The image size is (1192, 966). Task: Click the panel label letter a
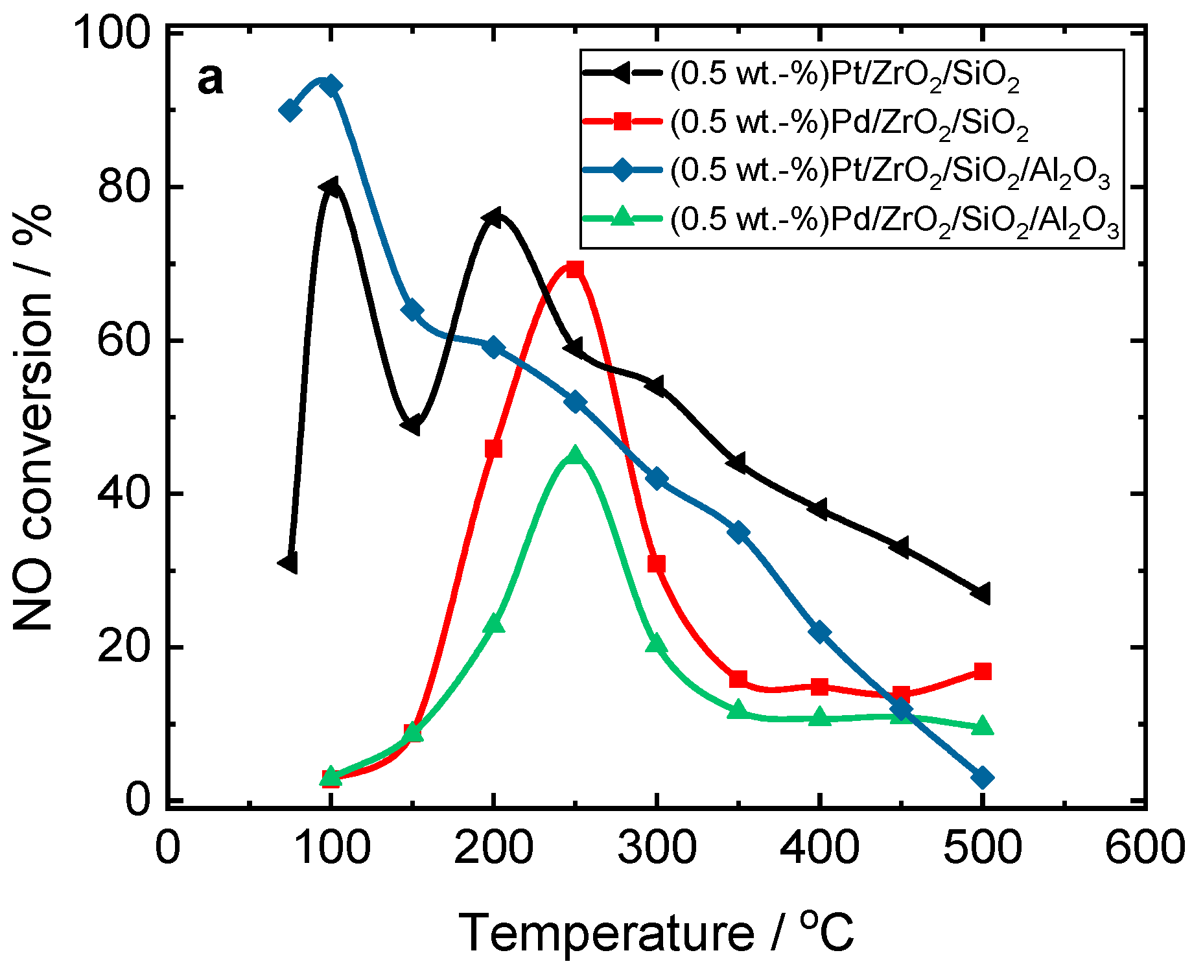click(211, 80)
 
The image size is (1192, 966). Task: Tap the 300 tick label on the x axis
click(657, 847)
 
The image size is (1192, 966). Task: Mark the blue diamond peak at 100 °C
click(331, 86)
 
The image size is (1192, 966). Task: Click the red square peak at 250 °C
click(574, 269)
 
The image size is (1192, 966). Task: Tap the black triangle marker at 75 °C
click(288, 563)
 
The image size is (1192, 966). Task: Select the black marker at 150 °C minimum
click(411, 425)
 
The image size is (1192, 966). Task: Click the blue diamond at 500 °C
click(983, 777)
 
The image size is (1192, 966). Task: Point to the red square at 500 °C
click(983, 671)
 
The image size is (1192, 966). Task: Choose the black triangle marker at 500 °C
click(981, 593)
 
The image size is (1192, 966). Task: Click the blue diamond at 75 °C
click(290, 110)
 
